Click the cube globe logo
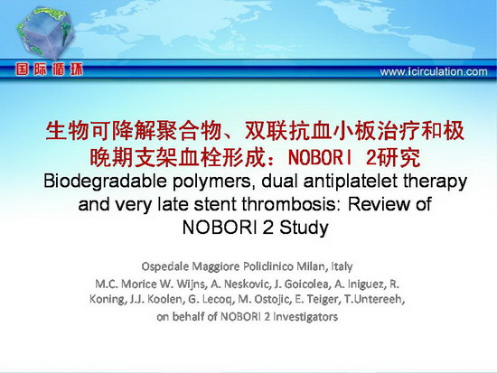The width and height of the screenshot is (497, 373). pyautogui.click(x=44, y=35)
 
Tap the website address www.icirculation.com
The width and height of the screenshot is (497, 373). pyautogui.click(x=434, y=71)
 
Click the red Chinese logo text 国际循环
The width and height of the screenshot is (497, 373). pyautogui.click(x=50, y=70)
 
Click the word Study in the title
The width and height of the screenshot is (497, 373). pyautogui.click(x=304, y=228)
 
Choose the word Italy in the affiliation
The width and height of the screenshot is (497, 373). pyautogui.click(x=342, y=266)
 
